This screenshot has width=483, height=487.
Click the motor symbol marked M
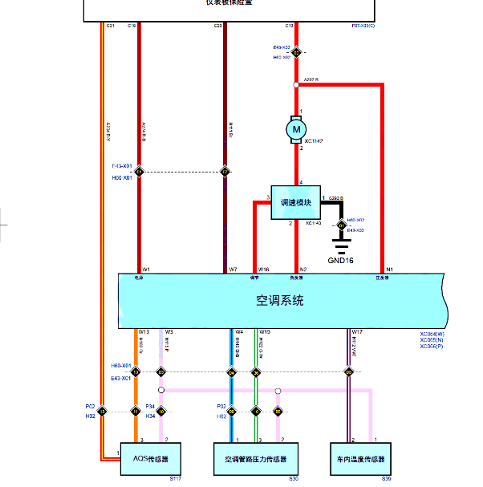(297, 128)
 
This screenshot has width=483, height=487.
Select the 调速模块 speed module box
(294, 202)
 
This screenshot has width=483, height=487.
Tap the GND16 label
(341, 260)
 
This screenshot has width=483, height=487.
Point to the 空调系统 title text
(280, 301)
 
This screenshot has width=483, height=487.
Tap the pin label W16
(264, 270)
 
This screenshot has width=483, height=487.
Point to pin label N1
(390, 270)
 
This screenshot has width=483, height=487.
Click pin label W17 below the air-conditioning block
(357, 331)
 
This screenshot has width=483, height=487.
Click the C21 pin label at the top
(110, 26)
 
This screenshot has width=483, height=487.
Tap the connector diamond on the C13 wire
(296, 53)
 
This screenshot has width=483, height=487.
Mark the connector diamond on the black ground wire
(341, 224)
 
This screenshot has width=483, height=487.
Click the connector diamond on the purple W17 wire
(349, 371)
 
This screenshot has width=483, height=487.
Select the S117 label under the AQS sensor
(176, 479)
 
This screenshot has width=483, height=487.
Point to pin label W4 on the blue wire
(239, 331)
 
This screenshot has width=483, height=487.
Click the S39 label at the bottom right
(386, 479)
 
